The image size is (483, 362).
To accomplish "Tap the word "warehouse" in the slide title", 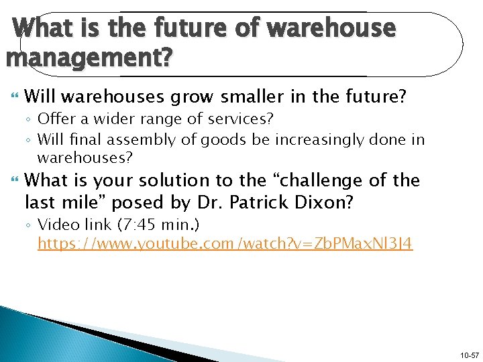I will coord(331,28).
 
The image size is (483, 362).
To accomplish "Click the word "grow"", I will coord(193,97).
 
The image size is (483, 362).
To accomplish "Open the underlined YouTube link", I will coord(225,243).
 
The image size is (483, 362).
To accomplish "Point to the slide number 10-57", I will coord(468,353).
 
